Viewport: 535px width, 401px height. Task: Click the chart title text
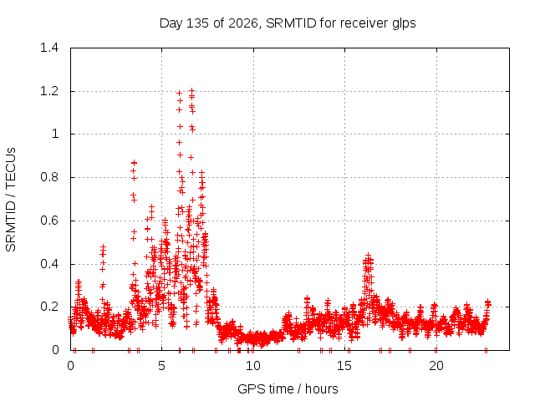tap(288, 23)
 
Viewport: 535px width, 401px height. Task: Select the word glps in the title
tap(404, 24)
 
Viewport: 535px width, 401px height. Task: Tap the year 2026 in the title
tap(243, 23)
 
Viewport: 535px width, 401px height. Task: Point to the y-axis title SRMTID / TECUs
tap(11, 200)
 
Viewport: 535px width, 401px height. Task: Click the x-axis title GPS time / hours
tap(288, 388)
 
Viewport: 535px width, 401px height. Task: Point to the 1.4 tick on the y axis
tap(49, 48)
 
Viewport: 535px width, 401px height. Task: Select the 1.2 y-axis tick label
tap(49, 91)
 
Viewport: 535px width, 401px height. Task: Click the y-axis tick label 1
tap(56, 134)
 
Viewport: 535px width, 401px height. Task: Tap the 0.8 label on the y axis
tap(49, 177)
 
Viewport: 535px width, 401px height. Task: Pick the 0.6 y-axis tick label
tap(49, 221)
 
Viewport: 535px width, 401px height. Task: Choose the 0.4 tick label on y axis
tap(49, 264)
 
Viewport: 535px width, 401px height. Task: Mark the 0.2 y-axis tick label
tap(49, 307)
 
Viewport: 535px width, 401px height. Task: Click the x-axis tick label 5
tap(161, 366)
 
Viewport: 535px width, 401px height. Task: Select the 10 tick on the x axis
tap(253, 366)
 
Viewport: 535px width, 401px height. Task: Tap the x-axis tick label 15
tap(344, 366)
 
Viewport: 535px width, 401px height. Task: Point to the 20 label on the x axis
tap(436, 366)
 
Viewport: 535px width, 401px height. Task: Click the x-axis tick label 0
tap(70, 366)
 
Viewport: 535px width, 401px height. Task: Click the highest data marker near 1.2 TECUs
tap(191, 91)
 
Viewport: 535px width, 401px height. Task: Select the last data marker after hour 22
tap(488, 302)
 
